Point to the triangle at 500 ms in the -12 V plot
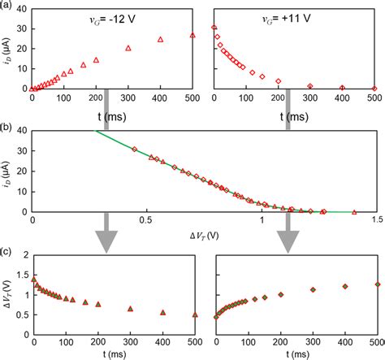tap(192, 36)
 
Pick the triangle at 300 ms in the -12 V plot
tap(128, 48)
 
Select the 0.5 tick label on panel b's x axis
tap(147, 220)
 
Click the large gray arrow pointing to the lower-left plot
tap(106, 240)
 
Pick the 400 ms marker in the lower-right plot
tap(344, 287)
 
